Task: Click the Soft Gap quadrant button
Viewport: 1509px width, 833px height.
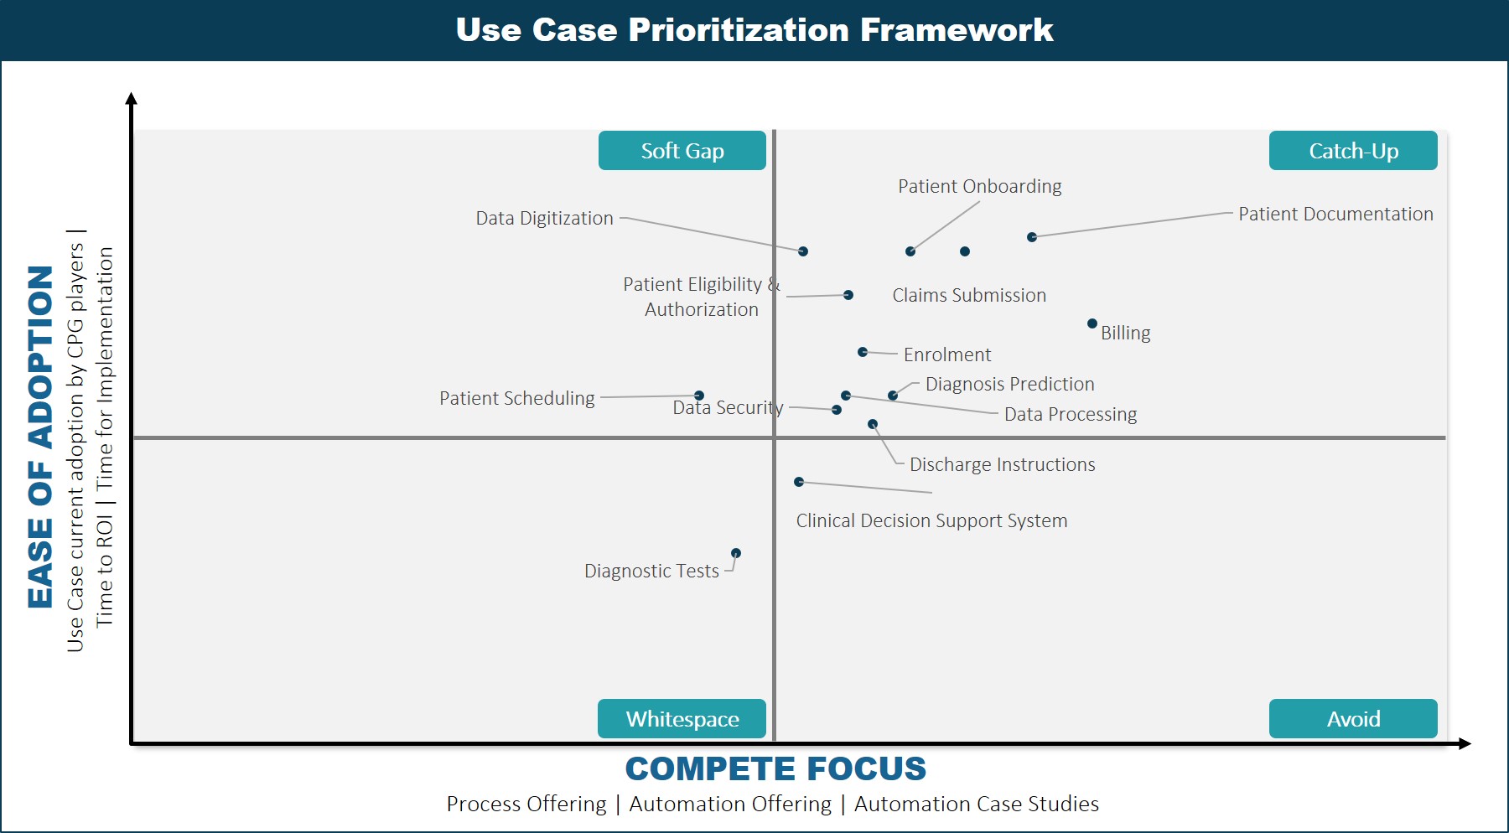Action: pos(682,151)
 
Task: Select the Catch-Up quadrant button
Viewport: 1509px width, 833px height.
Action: pos(1353,151)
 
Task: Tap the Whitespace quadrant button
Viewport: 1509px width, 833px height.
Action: pos(682,719)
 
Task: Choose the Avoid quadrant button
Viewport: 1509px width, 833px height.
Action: pos(1353,719)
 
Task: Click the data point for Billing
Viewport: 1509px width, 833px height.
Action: pos(1092,323)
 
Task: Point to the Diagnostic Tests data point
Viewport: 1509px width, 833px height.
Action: pos(736,553)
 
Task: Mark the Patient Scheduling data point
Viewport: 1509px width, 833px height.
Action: pos(699,396)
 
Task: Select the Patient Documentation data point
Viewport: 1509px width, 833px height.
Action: pos(1032,237)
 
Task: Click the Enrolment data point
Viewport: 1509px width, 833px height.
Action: pos(863,352)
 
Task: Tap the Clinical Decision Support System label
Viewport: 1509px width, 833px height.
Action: pos(931,520)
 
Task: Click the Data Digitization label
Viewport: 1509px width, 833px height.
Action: pos(545,218)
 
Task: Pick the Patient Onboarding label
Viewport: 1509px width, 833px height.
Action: pos(980,186)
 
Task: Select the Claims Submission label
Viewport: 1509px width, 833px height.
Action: pos(969,295)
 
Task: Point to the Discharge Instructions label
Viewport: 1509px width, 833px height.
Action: pos(1003,464)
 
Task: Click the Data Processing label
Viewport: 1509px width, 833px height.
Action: pos(1071,414)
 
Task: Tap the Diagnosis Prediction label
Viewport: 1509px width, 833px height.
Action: pos(1010,384)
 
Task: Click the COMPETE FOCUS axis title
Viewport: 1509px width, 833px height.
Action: pos(775,768)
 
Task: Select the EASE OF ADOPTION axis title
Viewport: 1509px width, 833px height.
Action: pos(40,437)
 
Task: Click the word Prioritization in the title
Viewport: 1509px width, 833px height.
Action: pos(739,30)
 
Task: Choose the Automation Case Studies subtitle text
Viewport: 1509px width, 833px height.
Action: pos(977,804)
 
